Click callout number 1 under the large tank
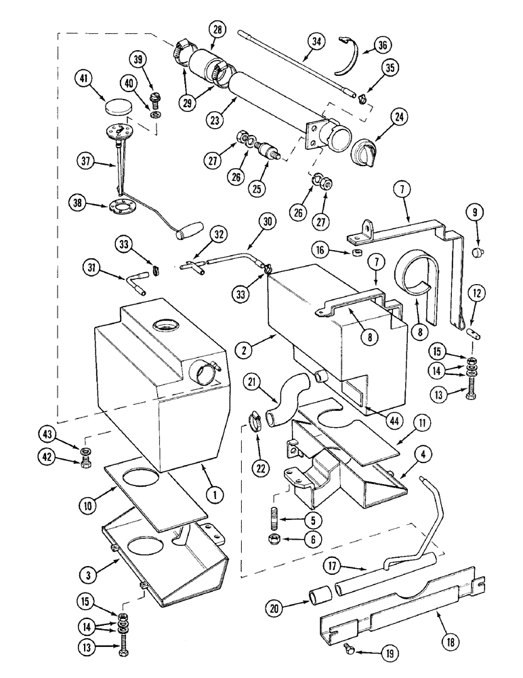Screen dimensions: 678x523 (215, 496)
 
